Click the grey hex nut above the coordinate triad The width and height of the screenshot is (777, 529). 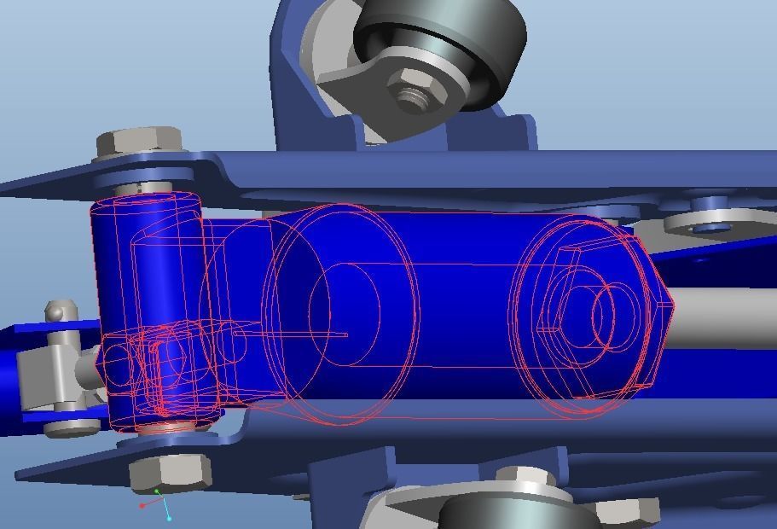coord(171,472)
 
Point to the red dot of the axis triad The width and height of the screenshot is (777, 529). coord(142,505)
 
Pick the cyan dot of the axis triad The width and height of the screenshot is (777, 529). coord(170,518)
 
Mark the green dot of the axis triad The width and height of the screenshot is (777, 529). coord(157,491)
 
